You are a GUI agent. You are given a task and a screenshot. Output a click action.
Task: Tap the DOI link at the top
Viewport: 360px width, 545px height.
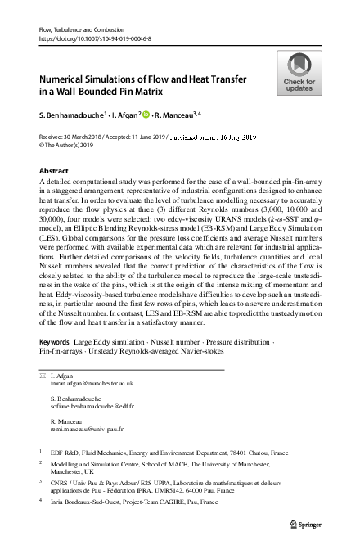pyautogui.click(x=92, y=38)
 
